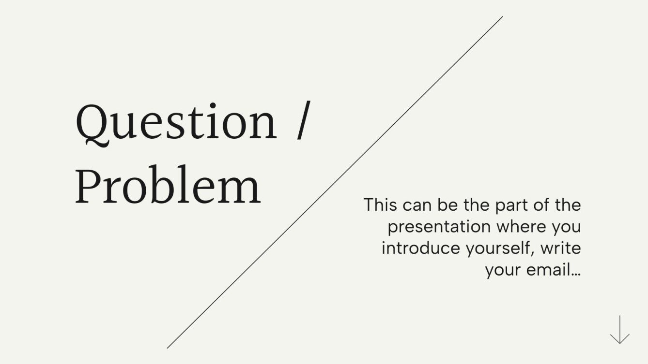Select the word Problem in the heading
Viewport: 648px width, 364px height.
[168, 186]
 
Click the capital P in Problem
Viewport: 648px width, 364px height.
[88, 186]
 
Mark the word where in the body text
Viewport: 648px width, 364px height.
[521, 226]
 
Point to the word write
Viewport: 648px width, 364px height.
[561, 248]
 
